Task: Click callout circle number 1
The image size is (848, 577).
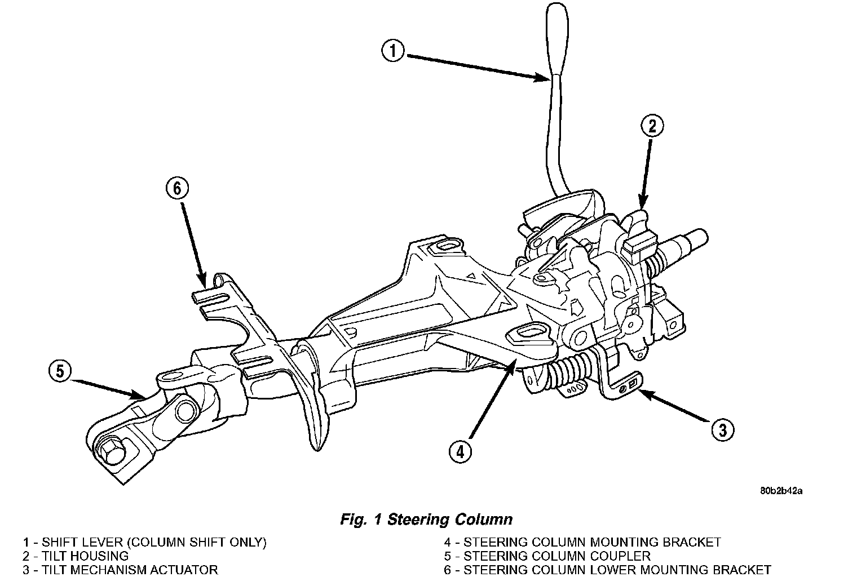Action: tap(392, 51)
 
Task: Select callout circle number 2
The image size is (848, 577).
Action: tap(652, 126)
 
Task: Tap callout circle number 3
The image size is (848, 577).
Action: tap(722, 430)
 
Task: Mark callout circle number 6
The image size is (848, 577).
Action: tap(177, 189)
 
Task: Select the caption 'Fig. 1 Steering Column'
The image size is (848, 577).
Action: tap(426, 519)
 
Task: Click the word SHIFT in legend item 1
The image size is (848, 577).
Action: tap(60, 543)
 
